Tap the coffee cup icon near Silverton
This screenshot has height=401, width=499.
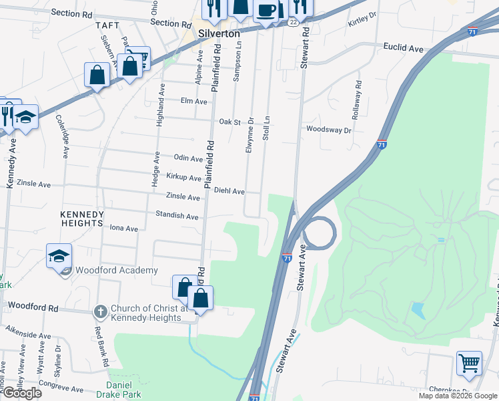[266, 11]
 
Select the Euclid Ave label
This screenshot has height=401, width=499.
[403, 48]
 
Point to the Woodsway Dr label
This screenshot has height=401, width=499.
[328, 130]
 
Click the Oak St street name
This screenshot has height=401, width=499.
[229, 122]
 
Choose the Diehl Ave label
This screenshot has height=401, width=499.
[229, 191]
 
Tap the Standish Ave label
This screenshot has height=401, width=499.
[177, 217]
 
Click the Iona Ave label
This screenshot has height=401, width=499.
[123, 229]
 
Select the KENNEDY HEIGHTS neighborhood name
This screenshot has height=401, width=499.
[82, 219]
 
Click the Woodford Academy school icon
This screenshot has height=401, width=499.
[59, 255]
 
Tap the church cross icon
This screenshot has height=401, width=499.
[100, 311]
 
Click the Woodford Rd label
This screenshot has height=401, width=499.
[33, 307]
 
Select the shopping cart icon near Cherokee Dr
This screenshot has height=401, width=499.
[470, 364]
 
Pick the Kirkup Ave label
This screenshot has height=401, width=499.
[183, 178]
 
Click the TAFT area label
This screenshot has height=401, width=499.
[107, 25]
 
